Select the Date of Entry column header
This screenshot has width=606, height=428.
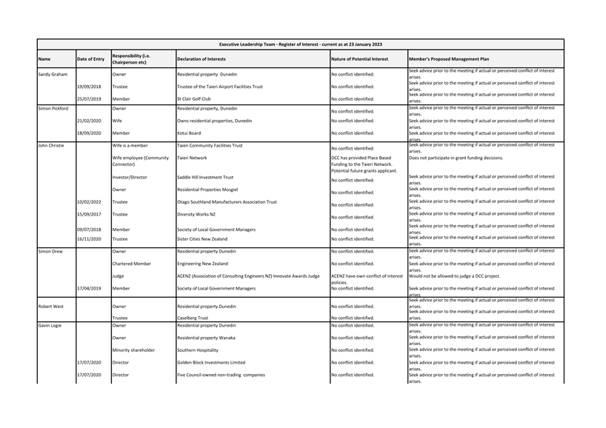coord(91,59)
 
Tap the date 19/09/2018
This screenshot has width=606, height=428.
coord(89,87)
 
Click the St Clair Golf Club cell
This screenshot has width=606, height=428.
coord(193,98)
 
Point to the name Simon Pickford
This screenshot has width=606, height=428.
coord(53,109)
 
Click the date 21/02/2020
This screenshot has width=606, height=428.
coord(89,121)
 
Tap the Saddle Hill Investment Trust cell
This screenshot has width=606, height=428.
coord(205,178)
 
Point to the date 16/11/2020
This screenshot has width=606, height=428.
coord(89,239)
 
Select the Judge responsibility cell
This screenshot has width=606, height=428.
coord(119,276)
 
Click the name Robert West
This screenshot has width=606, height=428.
coord(51,306)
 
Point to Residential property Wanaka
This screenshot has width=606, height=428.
coord(207,338)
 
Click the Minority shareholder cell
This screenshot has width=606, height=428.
coord(133,350)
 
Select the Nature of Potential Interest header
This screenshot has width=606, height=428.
coord(359,59)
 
